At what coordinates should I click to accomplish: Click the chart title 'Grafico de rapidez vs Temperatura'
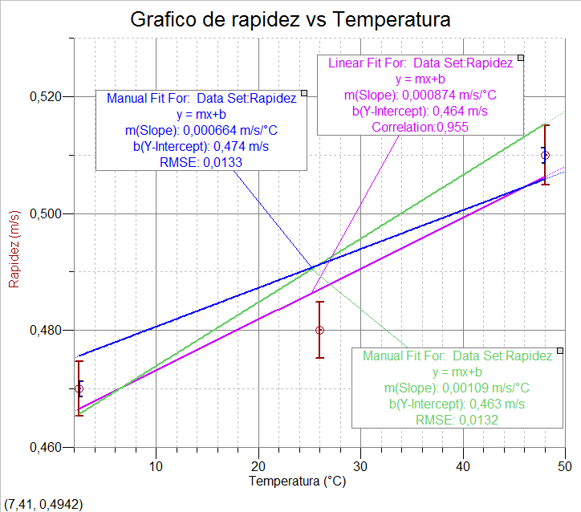[290, 19]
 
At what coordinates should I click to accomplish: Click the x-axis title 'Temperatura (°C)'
[298, 482]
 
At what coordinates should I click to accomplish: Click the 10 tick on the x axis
[156, 465]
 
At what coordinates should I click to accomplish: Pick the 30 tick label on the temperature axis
[361, 465]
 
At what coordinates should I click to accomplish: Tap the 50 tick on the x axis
[565, 465]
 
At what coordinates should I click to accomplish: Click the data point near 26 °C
[320, 330]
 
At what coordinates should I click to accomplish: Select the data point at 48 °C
[546, 155]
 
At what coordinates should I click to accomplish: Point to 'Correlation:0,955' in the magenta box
[420, 127]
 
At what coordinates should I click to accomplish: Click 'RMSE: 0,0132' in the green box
[457, 419]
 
